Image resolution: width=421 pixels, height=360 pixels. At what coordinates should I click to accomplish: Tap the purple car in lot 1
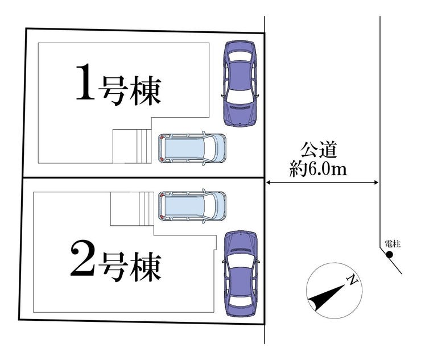point(240,83)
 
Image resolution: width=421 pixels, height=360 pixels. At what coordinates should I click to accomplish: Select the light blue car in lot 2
point(192,206)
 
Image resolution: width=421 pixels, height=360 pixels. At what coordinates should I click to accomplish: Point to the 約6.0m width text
point(319,169)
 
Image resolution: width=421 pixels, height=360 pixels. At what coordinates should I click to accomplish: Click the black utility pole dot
point(390,254)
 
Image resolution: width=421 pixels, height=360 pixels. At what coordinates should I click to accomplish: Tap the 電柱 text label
point(393,243)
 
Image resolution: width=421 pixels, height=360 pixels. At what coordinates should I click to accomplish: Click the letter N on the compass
point(353,279)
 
